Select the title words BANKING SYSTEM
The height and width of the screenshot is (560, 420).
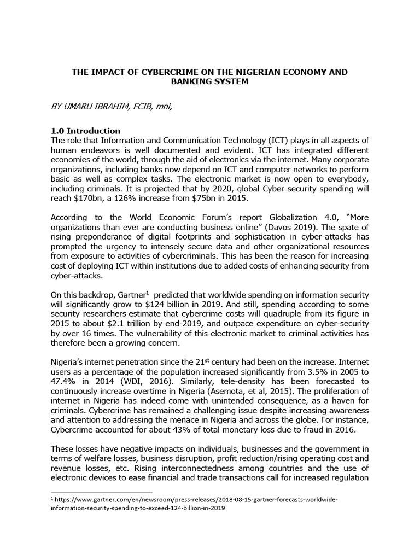coord(211,82)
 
